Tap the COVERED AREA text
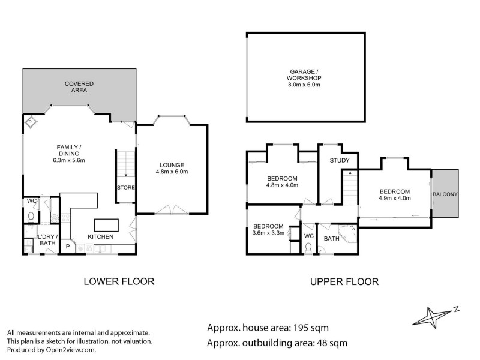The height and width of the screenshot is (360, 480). click(x=76, y=87)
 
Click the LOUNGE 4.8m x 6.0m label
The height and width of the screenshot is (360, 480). click(x=172, y=169)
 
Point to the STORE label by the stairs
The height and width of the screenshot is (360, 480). click(x=125, y=188)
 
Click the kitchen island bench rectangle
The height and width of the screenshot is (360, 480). click(x=106, y=224)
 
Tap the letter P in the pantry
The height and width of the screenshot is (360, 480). click(x=68, y=246)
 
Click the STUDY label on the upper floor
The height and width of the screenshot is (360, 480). click(x=339, y=161)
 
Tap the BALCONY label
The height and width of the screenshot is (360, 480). click(x=445, y=194)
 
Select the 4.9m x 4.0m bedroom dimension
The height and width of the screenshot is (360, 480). click(x=394, y=197)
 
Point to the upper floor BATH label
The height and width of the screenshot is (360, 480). click(x=332, y=238)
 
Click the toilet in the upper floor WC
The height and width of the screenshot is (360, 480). click(x=308, y=246)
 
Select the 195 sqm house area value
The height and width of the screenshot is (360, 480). click(x=311, y=328)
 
